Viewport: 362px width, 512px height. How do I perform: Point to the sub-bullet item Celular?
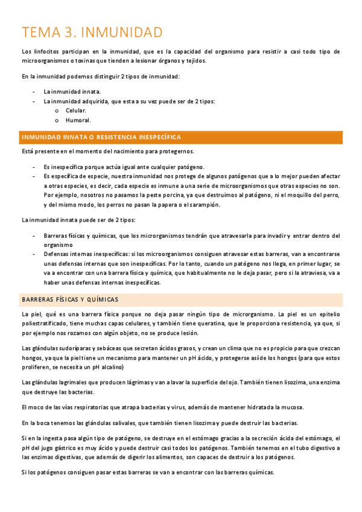pos(76,110)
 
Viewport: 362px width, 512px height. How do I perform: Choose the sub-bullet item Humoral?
pos(78,120)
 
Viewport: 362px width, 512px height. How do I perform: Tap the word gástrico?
pos(75,447)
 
